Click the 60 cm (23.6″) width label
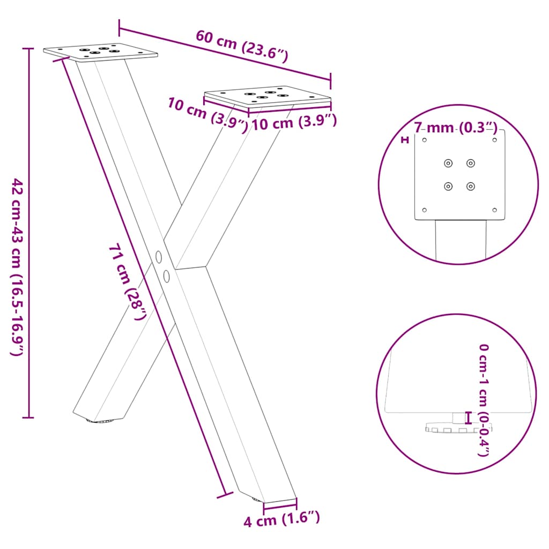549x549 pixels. [242, 46]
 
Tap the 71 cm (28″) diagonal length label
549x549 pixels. [128, 281]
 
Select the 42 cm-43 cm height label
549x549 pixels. [17, 268]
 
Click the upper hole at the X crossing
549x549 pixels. [159, 257]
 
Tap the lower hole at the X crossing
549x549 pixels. [167, 276]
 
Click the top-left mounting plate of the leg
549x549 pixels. [101, 52]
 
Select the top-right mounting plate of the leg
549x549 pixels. [268, 97]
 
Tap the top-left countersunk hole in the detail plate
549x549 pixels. [448, 163]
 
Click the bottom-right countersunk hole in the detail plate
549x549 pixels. [471, 186]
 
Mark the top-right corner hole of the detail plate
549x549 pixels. [495, 140]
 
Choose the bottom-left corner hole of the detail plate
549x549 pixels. [425, 210]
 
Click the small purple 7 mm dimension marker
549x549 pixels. [405, 140]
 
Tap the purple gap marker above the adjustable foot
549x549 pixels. [469, 417]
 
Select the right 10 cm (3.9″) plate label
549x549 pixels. [294, 123]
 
